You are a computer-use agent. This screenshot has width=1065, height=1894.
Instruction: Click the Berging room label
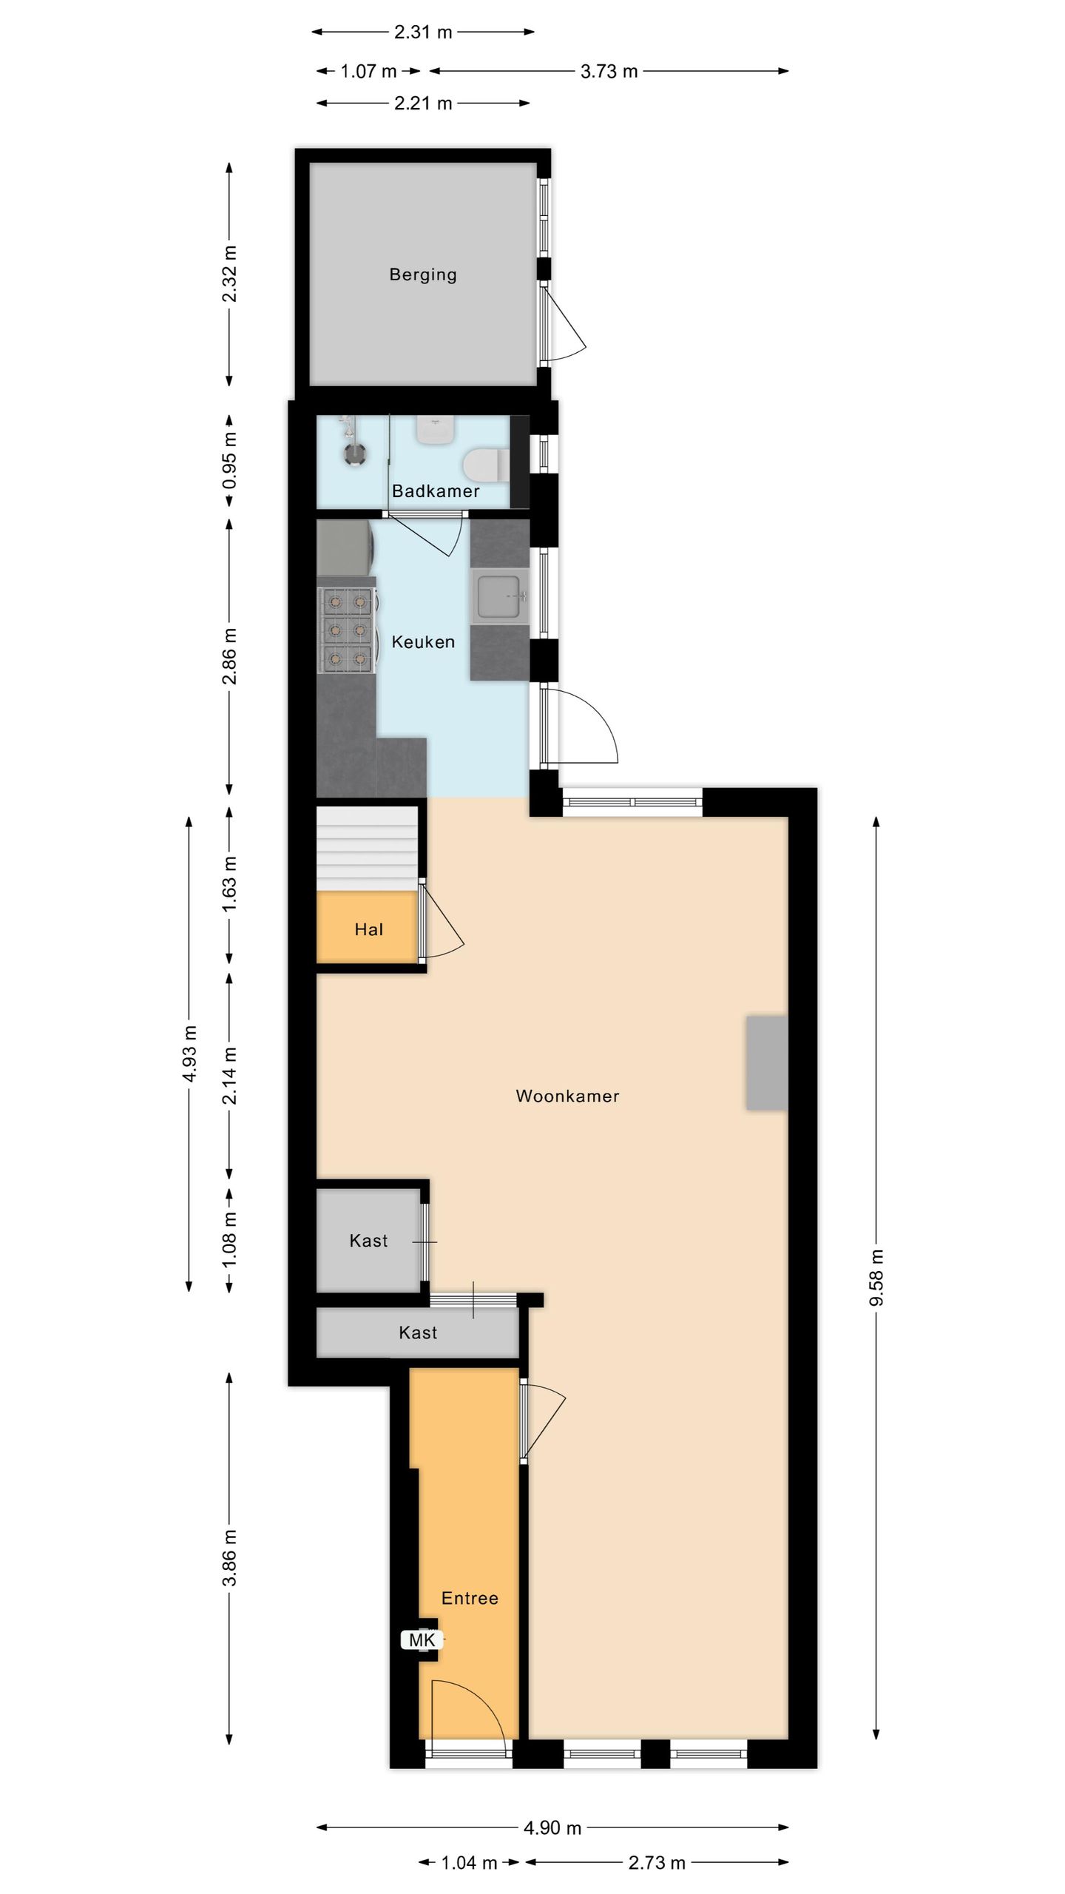pos(423,274)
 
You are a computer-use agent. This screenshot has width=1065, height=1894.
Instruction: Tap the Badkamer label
pos(436,491)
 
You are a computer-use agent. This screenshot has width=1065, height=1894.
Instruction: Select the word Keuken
pos(423,642)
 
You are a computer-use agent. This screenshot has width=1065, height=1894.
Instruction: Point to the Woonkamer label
pos(567,1096)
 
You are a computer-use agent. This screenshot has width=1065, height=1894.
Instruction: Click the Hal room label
pos(368,929)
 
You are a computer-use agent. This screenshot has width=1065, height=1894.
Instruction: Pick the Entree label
pos(470,1598)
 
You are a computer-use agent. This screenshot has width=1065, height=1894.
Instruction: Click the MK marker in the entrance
pos(422,1640)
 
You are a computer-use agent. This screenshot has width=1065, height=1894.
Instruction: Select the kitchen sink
pos(501,596)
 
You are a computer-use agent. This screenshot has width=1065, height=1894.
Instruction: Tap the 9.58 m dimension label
pos(876,1278)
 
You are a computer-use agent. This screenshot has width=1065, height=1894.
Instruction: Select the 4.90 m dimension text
pos(552,1828)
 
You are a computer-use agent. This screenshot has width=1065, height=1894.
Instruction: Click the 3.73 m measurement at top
pos(609,71)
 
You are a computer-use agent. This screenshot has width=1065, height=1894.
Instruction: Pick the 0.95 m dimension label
pos(230,460)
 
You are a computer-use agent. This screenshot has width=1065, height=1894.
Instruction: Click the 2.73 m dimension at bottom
pos(657,1863)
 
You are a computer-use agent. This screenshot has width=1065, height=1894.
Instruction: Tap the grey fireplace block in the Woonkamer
pos(767,1063)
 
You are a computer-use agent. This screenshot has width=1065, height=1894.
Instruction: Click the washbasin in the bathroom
pos(435,429)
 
